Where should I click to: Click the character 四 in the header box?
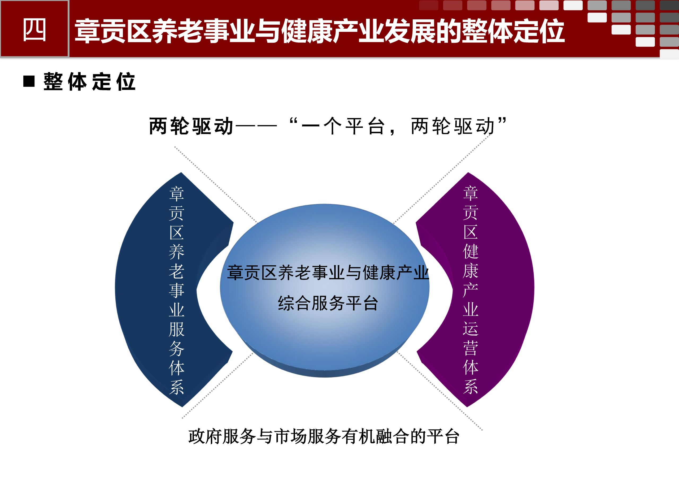click(34, 30)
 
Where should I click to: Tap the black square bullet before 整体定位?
click(29, 81)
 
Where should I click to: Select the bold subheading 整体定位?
click(89, 81)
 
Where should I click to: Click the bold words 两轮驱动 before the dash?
click(191, 126)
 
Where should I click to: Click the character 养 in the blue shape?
click(177, 252)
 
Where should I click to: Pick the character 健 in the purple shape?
click(471, 251)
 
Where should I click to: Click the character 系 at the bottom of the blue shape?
click(177, 387)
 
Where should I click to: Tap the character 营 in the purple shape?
click(471, 348)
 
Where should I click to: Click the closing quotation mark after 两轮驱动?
click(502, 121)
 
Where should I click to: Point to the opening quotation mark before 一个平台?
click(293, 121)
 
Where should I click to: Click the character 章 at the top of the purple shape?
click(471, 193)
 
